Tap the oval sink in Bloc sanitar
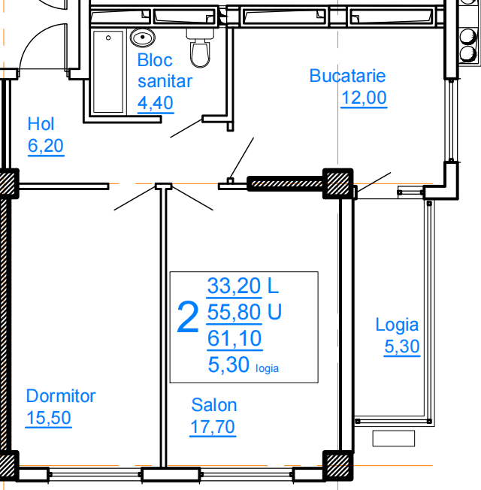tap(143, 38)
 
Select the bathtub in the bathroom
tap(108, 71)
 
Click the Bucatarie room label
tap(347, 76)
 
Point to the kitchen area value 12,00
tap(364, 98)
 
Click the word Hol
tap(41, 124)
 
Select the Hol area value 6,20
tap(46, 146)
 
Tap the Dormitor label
tap(61, 396)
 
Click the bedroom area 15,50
tap(49, 418)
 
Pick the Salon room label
tap(214, 405)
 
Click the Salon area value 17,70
tap(213, 427)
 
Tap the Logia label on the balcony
tap(397, 325)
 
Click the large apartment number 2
tap(188, 317)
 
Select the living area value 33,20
tap(234, 286)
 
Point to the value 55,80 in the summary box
tap(234, 312)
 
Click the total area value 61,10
tap(234, 338)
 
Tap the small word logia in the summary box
tap(268, 369)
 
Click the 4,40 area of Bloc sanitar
tap(156, 103)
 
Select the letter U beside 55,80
tap(275, 312)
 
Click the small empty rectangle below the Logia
tap(394, 438)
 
